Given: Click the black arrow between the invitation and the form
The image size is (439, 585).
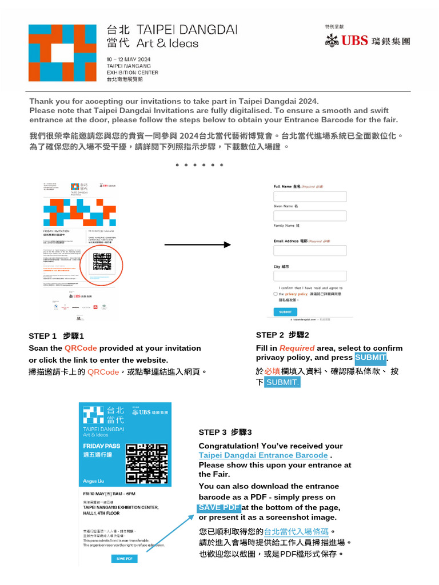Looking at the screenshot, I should (x=198, y=245).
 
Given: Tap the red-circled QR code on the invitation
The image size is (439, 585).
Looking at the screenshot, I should (x=102, y=262).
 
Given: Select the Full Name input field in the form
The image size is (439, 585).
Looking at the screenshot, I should (x=310, y=197).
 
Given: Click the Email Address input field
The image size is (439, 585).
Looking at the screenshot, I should (x=310, y=250).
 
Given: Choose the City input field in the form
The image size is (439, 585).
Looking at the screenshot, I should (x=310, y=276).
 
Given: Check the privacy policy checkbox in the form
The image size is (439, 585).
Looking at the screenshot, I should (x=276, y=294).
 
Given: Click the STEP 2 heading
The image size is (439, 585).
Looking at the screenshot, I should (x=282, y=335).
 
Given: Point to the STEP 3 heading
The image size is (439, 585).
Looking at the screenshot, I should (x=225, y=432).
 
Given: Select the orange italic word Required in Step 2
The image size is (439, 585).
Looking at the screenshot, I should (x=297, y=348).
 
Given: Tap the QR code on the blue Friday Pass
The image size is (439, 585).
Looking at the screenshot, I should (x=147, y=463).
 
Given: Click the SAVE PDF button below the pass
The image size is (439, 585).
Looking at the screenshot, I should (x=124, y=558).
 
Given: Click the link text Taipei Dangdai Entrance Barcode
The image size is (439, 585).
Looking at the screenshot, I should (x=263, y=455).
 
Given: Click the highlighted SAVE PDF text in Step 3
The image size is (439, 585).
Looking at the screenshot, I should (x=219, y=507).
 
